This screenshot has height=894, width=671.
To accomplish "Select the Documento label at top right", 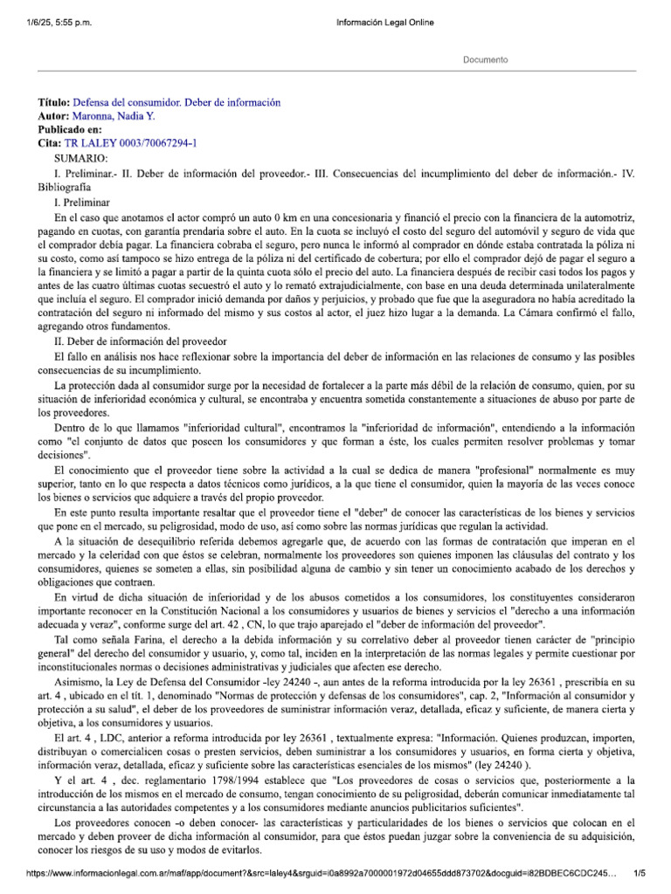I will pyautogui.click(x=484, y=59).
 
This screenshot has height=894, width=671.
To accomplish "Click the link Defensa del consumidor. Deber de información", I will pyautogui.click(x=177, y=102).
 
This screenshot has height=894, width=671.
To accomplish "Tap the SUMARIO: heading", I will pyautogui.click(x=80, y=158).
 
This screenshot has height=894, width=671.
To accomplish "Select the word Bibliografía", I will pyautogui.click(x=65, y=187).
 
